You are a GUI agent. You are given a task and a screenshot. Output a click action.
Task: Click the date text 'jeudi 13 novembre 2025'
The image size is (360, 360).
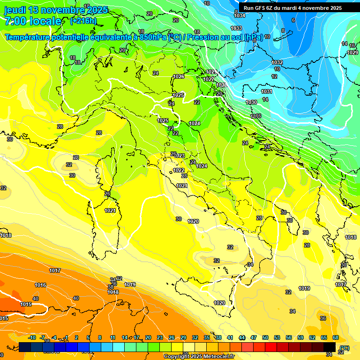pyautogui.click(x=56, y=10)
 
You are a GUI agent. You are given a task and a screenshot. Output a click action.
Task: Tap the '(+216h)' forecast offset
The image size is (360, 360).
pyautogui.click(x=84, y=21)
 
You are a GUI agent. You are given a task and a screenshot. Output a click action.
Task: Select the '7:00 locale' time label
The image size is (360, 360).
pyautogui.click(x=32, y=21)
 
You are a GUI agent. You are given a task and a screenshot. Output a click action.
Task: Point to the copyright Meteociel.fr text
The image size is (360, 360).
pyautogui.click(x=199, y=356)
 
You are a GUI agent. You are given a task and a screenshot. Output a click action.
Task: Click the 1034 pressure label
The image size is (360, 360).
pyautogui.click(x=239, y=15)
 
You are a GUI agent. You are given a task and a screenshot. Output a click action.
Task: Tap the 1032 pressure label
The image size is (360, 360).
pyautogui.click(x=277, y=62)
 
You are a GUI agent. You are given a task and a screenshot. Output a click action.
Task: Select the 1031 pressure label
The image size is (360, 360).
pyautogui.click(x=266, y=91)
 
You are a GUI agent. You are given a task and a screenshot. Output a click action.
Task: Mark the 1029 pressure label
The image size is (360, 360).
pyautogui.click(x=352, y=52)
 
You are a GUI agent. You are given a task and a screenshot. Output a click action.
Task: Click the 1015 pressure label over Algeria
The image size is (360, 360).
pyautogui.click(x=26, y=305)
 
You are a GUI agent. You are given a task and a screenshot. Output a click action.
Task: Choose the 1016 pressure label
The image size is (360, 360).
pyautogui.click(x=40, y=285)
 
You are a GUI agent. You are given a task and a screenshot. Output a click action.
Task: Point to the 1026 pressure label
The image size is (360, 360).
pyautogui.click(x=179, y=76)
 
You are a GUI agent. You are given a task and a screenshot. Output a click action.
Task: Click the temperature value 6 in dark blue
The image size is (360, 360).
pyautogui.click(x=293, y=20)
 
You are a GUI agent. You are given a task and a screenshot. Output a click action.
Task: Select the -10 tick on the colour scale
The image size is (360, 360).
pyautogui.click(x=32, y=337)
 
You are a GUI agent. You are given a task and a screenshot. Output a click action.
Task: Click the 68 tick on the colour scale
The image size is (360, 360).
pyautogui.click(x=336, y=337)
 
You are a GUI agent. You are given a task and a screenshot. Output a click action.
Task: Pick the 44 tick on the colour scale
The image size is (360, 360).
pyautogui.click(x=242, y=337)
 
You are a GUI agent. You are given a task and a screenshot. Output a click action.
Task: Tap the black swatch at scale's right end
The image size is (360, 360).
pyautogui.click(x=330, y=347)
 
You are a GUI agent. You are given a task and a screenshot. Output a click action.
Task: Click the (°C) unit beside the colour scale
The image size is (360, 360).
pyautogui.click(x=344, y=347)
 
